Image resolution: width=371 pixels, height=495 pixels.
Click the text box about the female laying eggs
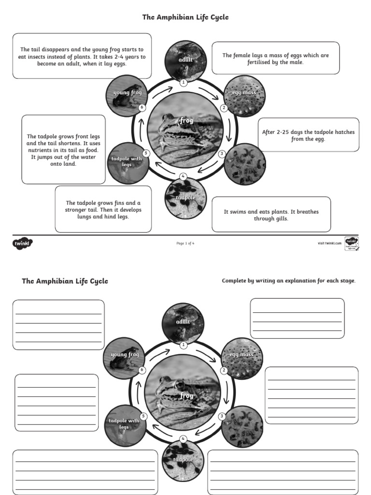tap(275, 58)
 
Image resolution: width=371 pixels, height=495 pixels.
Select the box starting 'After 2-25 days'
tap(308, 135)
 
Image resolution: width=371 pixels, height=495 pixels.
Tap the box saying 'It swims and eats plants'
tap(271, 215)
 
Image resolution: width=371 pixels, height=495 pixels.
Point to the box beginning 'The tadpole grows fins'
tap(103, 209)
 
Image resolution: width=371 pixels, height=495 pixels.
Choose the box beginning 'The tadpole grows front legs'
tap(63, 150)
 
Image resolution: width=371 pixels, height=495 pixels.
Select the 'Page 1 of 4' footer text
tap(185, 243)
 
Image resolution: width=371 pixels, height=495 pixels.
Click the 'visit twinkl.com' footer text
tap(329, 243)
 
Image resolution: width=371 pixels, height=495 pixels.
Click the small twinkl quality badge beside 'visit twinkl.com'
tap(351, 243)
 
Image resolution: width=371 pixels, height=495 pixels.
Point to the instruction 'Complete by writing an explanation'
tap(288, 281)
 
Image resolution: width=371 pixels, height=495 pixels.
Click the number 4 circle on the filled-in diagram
tap(183, 176)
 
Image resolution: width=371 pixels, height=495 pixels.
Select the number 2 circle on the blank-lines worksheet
tap(224, 371)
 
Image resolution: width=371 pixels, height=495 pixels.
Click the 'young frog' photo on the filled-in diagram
tap(127, 96)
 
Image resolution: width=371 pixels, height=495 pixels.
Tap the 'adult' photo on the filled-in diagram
tap(185, 60)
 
